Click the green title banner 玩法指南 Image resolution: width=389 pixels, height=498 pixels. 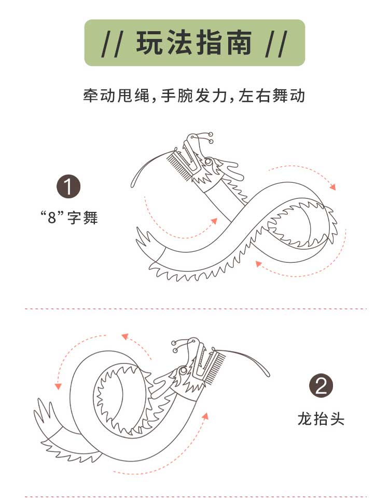[195, 43]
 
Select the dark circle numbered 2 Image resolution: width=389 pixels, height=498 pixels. [321, 386]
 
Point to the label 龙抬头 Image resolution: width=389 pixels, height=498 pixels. [321, 419]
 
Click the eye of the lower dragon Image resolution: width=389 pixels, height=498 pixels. [183, 371]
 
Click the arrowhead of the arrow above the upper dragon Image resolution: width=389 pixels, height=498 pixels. [333, 186]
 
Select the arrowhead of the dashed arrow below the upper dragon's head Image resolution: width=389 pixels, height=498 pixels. [214, 220]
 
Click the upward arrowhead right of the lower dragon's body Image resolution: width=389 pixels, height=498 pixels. [206, 415]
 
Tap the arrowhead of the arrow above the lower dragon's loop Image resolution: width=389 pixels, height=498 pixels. [124, 337]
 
